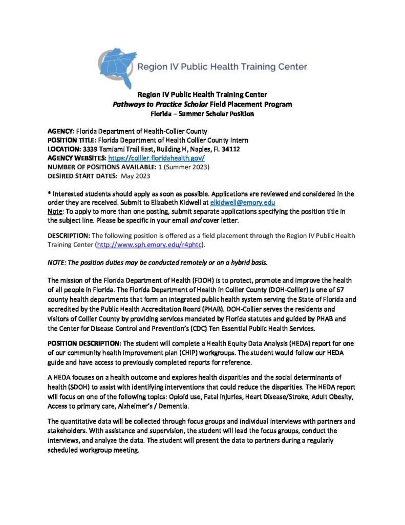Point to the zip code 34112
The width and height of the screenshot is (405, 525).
point(231,149)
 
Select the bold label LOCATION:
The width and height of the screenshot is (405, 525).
point(64,149)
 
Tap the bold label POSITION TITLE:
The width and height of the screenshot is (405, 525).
point(71,140)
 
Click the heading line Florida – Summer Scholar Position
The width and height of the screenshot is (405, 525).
point(202,114)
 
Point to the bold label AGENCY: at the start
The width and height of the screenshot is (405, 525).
point(61,131)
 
